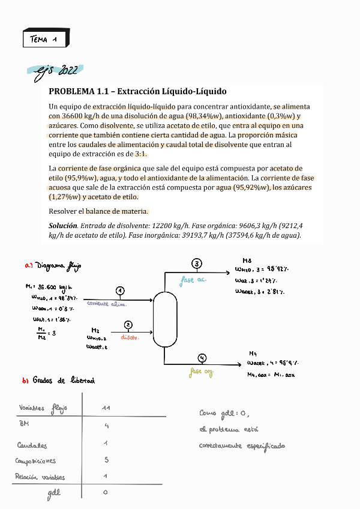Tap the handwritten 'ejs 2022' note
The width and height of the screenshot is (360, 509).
tap(55, 71)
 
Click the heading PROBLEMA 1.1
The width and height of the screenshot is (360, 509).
tap(137, 92)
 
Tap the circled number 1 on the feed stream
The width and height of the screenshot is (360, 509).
tap(121, 291)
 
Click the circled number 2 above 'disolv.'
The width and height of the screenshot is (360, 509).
tap(128, 325)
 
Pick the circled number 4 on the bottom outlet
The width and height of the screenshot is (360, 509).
tap(202, 358)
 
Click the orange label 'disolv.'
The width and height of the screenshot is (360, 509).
tap(130, 338)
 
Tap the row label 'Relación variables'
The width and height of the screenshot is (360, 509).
tap(40, 477)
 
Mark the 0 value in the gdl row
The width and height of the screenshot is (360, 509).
tap(105, 492)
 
